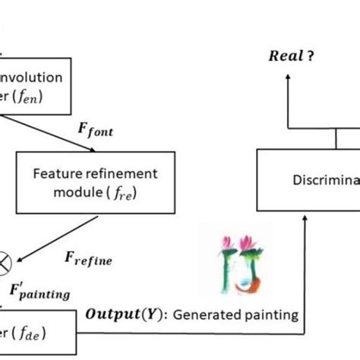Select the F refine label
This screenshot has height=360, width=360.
pyautogui.click(x=90, y=261)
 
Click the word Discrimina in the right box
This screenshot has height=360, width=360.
pyautogui.click(x=323, y=181)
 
